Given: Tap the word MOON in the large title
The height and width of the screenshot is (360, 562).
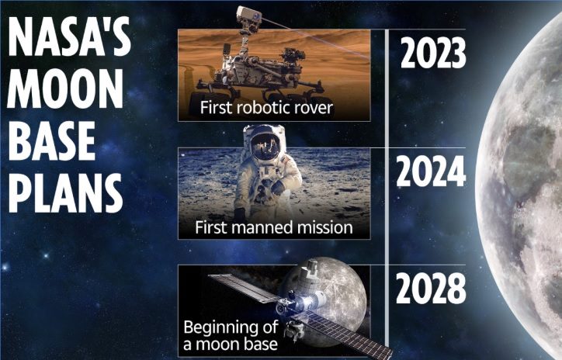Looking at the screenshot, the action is [x=65, y=88].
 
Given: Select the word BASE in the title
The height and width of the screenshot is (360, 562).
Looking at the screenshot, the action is [x=52, y=140].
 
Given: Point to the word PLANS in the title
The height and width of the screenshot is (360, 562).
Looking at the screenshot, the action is [x=65, y=192].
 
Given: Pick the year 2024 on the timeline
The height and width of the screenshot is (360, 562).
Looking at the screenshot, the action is [x=431, y=171].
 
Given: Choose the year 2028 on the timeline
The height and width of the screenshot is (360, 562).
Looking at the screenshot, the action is [x=431, y=289].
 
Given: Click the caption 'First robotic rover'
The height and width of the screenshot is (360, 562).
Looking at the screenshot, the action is [x=266, y=108].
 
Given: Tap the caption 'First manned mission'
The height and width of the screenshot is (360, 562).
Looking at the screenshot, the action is [x=274, y=227].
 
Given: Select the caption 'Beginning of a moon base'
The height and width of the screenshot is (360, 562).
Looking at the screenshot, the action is [x=231, y=335].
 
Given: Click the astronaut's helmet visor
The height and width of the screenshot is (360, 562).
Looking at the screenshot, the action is [x=265, y=147].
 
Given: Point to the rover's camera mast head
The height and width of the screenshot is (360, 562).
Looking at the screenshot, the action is [x=248, y=17].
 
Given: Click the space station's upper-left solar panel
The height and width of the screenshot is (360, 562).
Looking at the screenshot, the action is [x=244, y=288].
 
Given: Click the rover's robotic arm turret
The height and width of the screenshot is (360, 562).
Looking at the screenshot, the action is [x=294, y=56].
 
